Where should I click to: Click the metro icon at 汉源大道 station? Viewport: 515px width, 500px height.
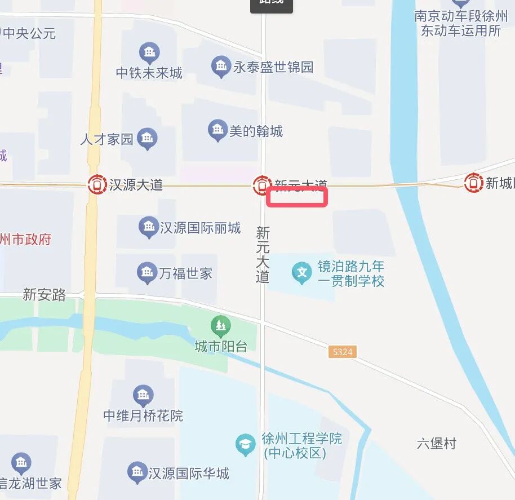click(x=97, y=184)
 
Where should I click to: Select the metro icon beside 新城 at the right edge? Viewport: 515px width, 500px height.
click(x=473, y=183)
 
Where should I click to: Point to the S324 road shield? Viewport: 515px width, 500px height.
click(x=343, y=352)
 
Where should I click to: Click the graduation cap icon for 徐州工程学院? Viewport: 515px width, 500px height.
click(x=246, y=444)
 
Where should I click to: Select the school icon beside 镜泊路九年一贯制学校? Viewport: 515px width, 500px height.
click(x=302, y=274)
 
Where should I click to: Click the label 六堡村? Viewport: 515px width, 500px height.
click(x=436, y=443)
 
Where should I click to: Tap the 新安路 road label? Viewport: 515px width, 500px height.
click(x=45, y=294)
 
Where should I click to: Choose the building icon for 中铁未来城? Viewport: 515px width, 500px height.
click(x=149, y=54)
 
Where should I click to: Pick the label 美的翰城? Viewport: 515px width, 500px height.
click(x=256, y=132)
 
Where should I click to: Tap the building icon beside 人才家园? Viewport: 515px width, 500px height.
click(x=148, y=138)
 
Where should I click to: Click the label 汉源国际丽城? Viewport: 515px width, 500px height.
click(x=200, y=228)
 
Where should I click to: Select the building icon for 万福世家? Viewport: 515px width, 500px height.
click(x=146, y=273)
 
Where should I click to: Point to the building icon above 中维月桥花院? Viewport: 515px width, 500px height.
click(x=143, y=395)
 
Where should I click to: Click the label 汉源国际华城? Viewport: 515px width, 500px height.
click(x=189, y=473)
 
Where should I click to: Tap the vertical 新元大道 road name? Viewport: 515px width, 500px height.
click(x=263, y=254)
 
